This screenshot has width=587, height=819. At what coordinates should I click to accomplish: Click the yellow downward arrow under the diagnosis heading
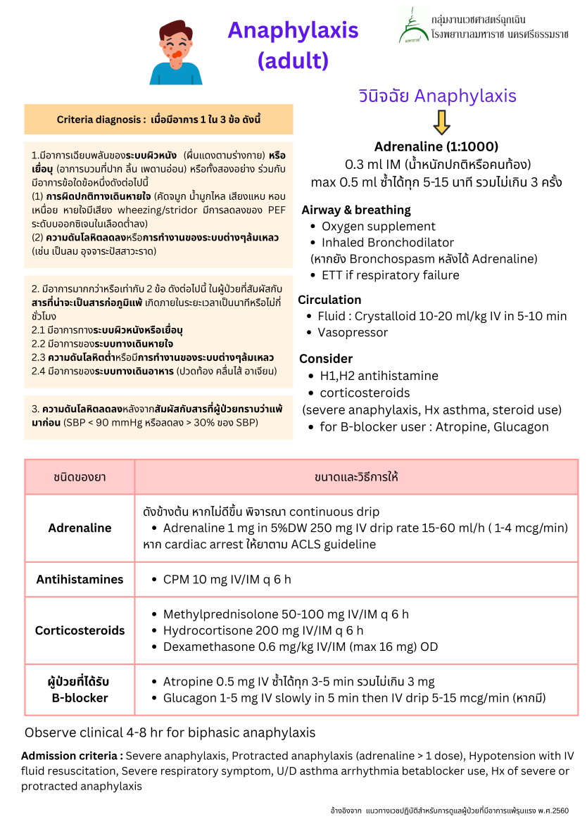coord(441,122)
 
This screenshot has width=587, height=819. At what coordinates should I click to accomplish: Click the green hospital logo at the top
coord(413,25)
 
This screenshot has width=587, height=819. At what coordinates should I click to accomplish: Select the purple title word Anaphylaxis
coord(293,30)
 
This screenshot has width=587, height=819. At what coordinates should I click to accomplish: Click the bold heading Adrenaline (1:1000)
coord(436,147)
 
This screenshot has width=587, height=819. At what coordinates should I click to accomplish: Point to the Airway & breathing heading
coord(356,210)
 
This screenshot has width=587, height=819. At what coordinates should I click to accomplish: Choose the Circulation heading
coord(330,300)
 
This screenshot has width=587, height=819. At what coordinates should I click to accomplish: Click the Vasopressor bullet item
coord(353,332)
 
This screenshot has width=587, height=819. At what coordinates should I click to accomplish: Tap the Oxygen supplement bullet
coord(379,227)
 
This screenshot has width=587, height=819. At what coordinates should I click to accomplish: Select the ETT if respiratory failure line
coord(390,275)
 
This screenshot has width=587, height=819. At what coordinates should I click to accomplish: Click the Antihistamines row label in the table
coord(80,580)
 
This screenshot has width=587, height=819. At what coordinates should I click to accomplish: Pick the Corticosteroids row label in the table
coord(80,630)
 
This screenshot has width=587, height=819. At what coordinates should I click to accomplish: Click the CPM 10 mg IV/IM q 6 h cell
coord(227,580)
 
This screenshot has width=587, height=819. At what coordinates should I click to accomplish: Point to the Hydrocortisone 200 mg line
coord(263,630)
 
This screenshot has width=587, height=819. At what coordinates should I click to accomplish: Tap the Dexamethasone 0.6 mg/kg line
coord(301,647)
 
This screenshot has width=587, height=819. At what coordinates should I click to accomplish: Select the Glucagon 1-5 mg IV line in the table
coord(354,698)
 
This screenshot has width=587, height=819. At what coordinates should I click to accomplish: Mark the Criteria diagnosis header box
coord(158,120)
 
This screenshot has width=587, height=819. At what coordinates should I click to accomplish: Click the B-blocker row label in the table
coord(80,690)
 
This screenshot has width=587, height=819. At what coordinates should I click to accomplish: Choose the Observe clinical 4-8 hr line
coord(170,732)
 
